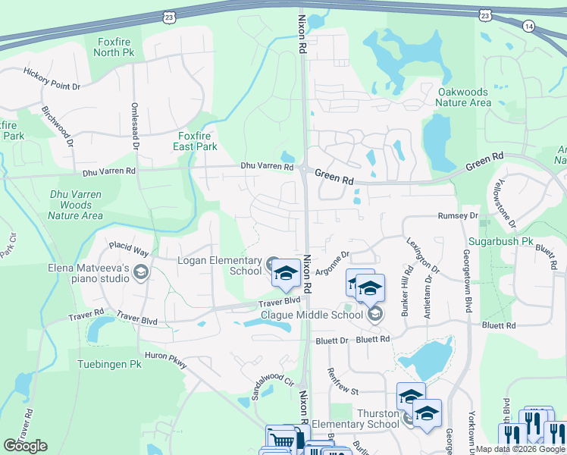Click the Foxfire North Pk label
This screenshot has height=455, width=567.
tap(114, 47)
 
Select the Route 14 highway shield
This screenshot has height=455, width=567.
tap(528, 26)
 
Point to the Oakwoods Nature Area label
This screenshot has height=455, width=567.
tap(464, 97)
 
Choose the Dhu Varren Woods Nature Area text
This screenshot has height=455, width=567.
tap(75, 205)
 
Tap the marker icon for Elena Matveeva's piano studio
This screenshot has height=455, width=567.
tap(139, 271)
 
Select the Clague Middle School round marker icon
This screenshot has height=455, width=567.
tap(373, 314)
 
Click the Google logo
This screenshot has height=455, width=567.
tap(25, 446)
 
